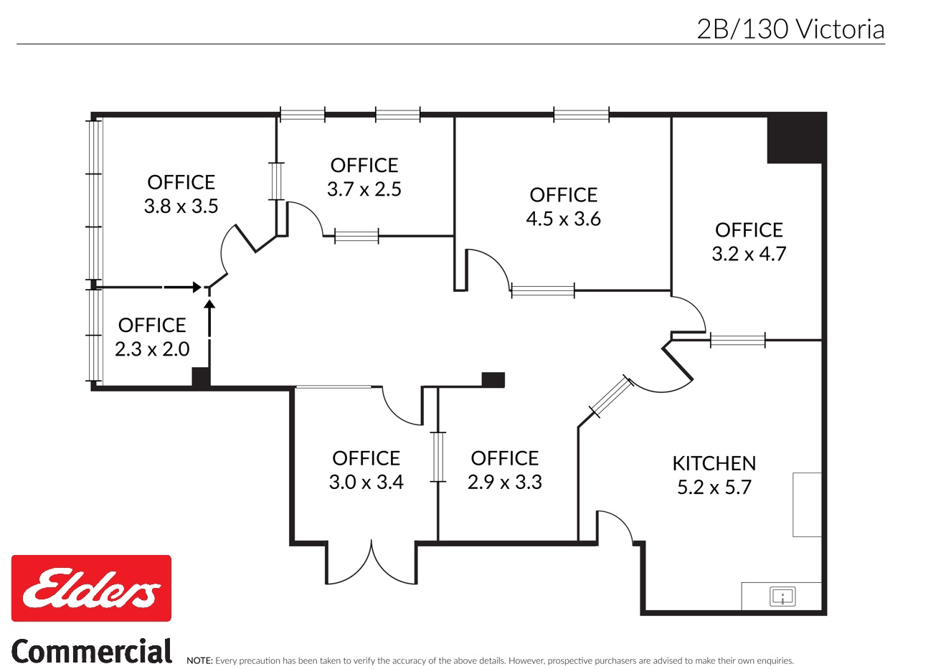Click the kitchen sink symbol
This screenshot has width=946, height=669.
pos(782,596)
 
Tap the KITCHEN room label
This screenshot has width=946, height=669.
pos(714,463)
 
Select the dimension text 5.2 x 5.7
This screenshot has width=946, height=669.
pos(714,488)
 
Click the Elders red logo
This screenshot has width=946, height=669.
pos(91,588)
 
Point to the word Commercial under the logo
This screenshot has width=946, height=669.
pos(92,652)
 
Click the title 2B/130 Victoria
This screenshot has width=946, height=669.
pos(790,29)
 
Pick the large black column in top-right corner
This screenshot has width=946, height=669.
pos(795,138)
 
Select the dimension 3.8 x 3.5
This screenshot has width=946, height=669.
pos(181,207)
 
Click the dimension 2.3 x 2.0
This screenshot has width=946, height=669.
pos(152,349)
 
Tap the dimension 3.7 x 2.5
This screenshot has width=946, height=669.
pos(364,189)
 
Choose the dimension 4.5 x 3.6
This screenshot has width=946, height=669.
pos(563,219)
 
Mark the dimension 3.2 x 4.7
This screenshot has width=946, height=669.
pos(749,254)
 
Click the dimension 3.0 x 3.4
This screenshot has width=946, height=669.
pos(366,482)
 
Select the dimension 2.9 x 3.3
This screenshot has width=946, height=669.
pos(504,482)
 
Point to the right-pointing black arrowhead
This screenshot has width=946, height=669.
pos(197,288)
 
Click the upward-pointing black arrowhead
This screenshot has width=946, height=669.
pos(210,305)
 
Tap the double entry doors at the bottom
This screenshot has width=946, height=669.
pos(372,563)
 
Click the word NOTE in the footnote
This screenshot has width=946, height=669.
pos(199,661)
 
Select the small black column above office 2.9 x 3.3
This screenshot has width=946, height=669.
pos(493,380)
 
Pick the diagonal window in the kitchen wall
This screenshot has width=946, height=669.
pos(611,397)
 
